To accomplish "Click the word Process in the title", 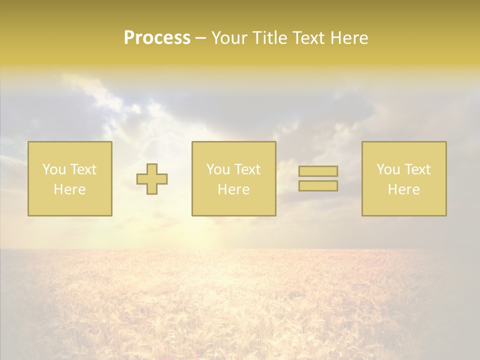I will click(157, 38).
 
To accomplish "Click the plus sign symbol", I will click(152, 179).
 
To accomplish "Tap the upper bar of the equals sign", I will click(318, 171).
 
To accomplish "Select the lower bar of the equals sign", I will click(318, 186).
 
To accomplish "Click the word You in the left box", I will click(54, 169).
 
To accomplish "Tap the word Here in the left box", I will click(69, 189).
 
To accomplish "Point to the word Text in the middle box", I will click(247, 169).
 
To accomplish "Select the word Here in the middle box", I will click(233, 189).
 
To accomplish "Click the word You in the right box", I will click(388, 169).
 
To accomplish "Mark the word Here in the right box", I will click(403, 189).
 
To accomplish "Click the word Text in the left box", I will click(83, 169).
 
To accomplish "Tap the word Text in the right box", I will click(417, 169).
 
